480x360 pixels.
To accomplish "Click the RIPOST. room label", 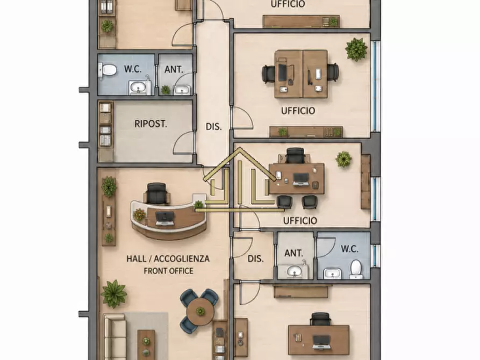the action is [x=151, y=124].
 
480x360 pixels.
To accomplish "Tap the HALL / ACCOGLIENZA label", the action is [x=168, y=258].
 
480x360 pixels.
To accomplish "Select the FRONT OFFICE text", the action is [x=168, y=271].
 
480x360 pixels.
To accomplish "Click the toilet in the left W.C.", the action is [x=107, y=70].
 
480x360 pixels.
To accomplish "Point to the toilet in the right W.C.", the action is [x=356, y=269].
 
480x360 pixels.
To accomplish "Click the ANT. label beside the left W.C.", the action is [x=174, y=69].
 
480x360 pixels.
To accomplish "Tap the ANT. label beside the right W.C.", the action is [x=293, y=253].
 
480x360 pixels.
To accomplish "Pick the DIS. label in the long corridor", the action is [x=213, y=126].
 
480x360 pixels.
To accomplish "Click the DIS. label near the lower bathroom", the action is [x=256, y=258].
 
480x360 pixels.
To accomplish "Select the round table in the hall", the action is [x=200, y=312].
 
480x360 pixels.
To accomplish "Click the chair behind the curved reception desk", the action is [x=157, y=193].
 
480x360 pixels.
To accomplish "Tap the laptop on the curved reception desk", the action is [x=164, y=218].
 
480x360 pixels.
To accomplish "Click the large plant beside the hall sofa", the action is [x=114, y=293].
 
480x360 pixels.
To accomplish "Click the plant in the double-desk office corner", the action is [x=356, y=49].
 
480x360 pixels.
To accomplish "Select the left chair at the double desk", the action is [x=268, y=74].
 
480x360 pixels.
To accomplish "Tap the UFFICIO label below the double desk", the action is [x=298, y=111].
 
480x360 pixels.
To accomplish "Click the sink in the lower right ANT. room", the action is [x=295, y=271].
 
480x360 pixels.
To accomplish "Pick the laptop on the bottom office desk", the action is [x=321, y=342].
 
